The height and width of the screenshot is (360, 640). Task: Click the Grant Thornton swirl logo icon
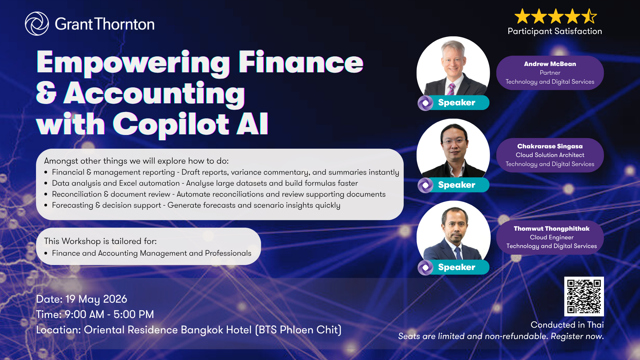click(x=37, y=24)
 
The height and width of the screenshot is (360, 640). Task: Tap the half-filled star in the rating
click(x=589, y=16)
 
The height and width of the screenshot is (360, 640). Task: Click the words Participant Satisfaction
click(x=555, y=31)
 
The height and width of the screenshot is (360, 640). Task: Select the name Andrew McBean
click(x=550, y=64)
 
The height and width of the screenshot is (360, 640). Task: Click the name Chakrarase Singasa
click(x=550, y=146)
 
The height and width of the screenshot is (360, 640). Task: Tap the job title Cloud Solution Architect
click(x=550, y=155)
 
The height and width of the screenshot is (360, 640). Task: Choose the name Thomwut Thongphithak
click(x=552, y=228)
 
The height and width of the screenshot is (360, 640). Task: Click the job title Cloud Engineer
click(x=552, y=237)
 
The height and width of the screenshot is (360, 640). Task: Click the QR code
click(x=584, y=296)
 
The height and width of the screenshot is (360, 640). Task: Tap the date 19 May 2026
click(x=96, y=299)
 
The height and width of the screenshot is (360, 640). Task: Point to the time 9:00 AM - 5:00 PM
click(x=109, y=314)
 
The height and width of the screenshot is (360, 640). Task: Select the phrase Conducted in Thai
click(x=567, y=325)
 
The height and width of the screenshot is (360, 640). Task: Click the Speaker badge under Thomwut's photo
click(x=454, y=267)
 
